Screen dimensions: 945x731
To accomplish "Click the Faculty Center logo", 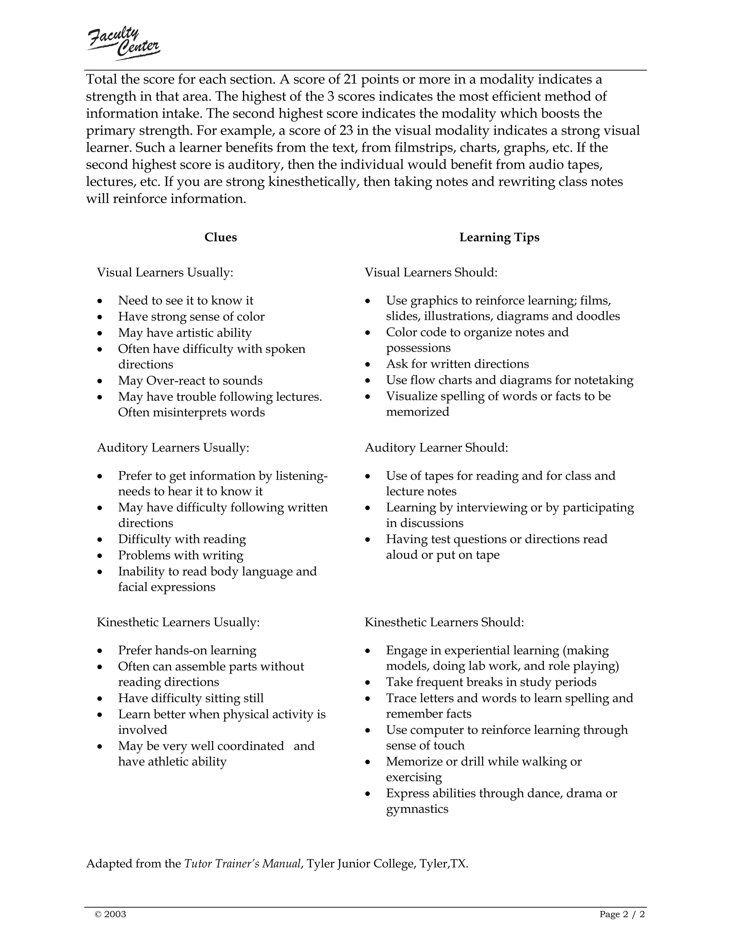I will [124, 43].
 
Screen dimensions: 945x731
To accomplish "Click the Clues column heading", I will [221, 237].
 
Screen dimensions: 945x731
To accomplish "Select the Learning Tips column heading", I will [499, 237].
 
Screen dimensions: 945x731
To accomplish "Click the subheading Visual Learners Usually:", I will [165, 272].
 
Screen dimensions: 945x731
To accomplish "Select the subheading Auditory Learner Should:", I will [436, 448].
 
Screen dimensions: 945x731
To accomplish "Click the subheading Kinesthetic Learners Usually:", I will [178, 622].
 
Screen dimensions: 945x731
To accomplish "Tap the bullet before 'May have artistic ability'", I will [100, 333].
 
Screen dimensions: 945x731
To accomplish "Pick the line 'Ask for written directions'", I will [457, 364].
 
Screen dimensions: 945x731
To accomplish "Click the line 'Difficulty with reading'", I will [182, 539].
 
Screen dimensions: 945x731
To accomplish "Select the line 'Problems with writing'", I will [181, 555].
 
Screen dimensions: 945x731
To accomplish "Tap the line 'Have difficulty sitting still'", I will [191, 698].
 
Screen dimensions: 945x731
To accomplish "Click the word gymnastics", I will [417, 809].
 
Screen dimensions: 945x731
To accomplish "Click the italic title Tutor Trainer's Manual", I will [242, 864].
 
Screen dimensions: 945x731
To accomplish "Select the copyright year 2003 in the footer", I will [115, 914].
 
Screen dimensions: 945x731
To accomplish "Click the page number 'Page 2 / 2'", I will [622, 914].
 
